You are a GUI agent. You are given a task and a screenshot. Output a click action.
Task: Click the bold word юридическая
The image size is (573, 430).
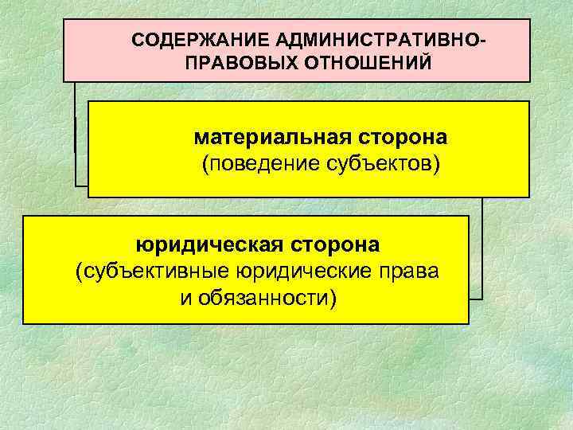(x=203, y=243)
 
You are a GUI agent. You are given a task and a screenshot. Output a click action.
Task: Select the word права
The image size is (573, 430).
(x=410, y=271)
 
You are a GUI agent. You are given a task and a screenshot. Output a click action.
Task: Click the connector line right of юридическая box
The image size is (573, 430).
(x=481, y=255)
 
